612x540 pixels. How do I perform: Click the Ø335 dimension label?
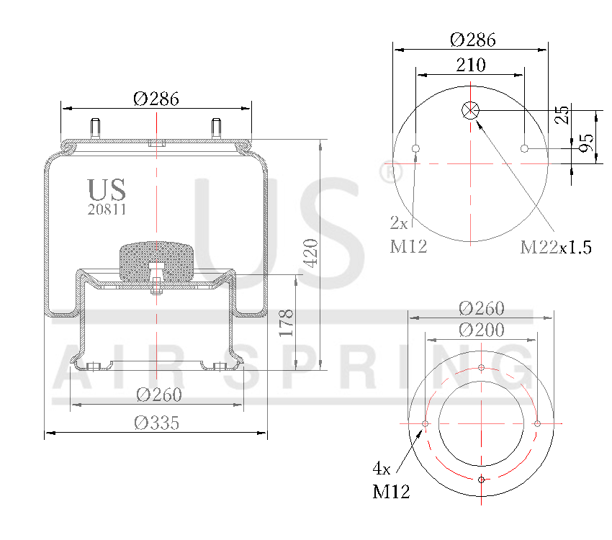pos(156,423)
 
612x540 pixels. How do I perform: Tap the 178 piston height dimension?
pos(286,323)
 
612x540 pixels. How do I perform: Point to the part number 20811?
pos(107,210)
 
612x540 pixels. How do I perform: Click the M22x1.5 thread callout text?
pos(556,248)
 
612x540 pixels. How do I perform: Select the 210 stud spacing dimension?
pos(471,65)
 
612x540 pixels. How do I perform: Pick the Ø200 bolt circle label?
pos(481,330)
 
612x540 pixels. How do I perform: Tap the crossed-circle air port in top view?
pos(471,110)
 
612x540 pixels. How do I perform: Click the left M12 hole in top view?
pos(415,149)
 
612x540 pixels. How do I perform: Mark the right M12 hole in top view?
pos(525,149)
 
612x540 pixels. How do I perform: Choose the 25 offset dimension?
pos(563,115)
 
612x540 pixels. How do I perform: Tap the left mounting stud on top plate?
pos(95,128)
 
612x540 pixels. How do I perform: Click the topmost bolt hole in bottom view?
pos(481,368)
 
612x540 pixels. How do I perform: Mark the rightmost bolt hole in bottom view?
pos(537,423)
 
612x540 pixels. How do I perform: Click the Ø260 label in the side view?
pos(158,395)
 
